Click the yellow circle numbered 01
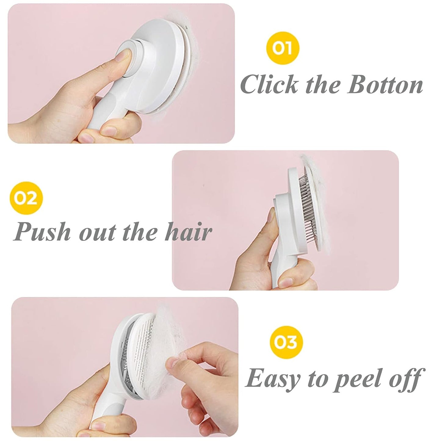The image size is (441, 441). coord(282,48)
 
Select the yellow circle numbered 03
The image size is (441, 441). coord(287,342)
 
